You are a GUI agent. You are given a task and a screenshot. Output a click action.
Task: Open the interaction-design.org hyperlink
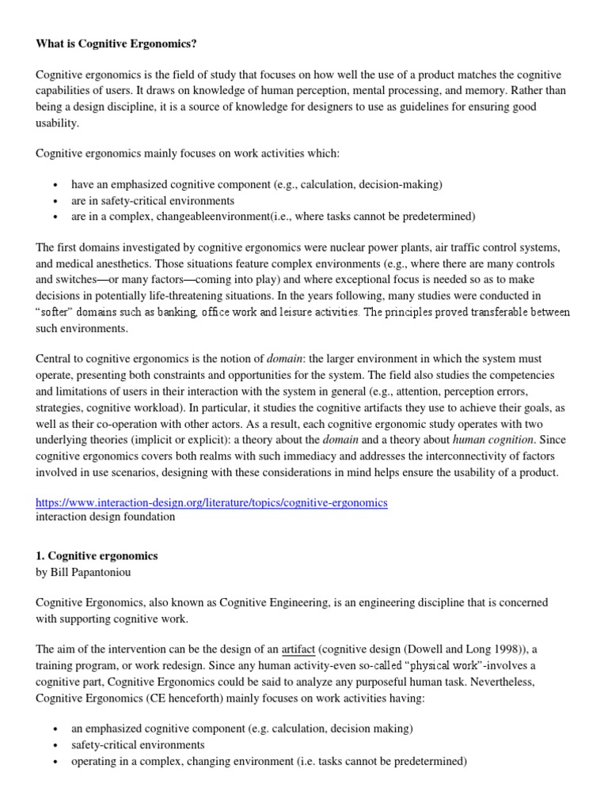coord(211,502)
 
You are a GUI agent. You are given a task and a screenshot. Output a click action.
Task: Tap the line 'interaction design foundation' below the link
coord(105,517)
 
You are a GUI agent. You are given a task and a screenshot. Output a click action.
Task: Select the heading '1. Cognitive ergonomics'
coord(97,556)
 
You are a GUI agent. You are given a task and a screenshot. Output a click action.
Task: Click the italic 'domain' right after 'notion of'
coord(285,358)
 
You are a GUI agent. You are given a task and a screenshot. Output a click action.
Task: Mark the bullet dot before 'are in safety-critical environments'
coord(54,201)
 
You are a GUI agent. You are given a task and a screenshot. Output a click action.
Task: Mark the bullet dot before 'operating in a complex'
coord(54,763)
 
